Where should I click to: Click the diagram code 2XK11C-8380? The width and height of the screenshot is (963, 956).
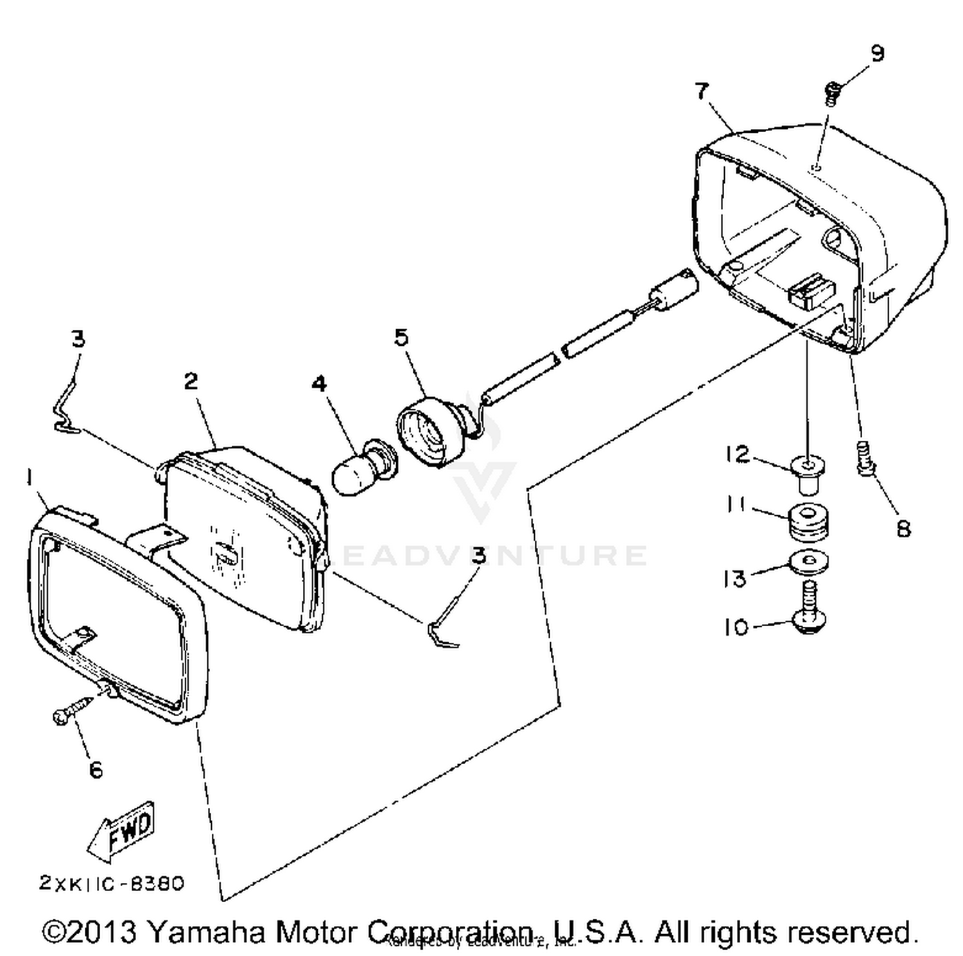pyautogui.click(x=112, y=883)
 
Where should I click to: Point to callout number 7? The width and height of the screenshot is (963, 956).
pyautogui.click(x=702, y=90)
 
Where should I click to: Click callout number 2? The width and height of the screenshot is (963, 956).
pyautogui.click(x=191, y=381)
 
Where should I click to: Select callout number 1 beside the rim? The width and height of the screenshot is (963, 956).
pyautogui.click(x=29, y=477)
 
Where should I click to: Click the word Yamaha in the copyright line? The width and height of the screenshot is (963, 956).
pyautogui.click(x=206, y=932)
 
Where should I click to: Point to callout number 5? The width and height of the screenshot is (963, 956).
pyautogui.click(x=401, y=337)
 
